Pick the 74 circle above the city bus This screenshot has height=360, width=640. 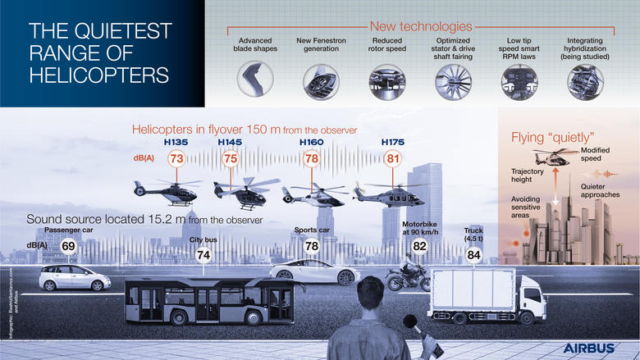click(203, 255)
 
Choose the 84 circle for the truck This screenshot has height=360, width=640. click(473, 255)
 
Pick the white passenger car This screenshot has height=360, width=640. click(75, 276)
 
